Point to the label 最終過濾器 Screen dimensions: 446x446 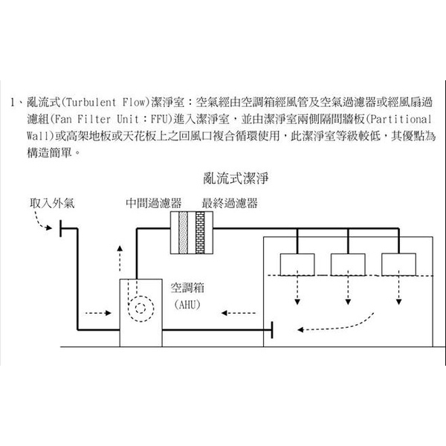point(229,202)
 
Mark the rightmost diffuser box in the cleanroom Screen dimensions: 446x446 point(399,264)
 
